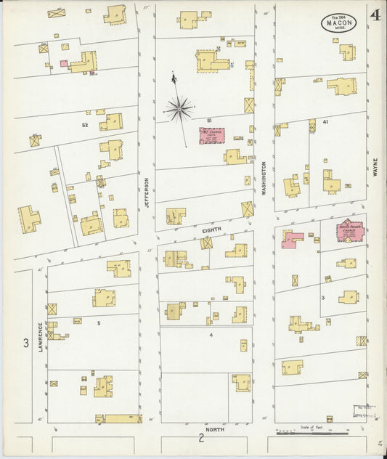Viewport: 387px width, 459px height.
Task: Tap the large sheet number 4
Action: (x=375, y=15)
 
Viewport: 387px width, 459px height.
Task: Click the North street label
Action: (x=214, y=429)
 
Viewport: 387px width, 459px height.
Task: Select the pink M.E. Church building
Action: (x=212, y=136)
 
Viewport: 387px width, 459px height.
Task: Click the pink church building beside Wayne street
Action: (x=350, y=232)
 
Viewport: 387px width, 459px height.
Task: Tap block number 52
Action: (x=85, y=126)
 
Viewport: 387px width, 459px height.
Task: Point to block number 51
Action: (x=208, y=120)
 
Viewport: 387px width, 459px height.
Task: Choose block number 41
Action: (x=326, y=122)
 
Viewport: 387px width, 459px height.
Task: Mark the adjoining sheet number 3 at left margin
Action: (x=25, y=343)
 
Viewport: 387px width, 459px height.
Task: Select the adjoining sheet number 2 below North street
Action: (x=201, y=438)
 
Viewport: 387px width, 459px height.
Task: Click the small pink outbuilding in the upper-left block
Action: (x=64, y=64)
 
